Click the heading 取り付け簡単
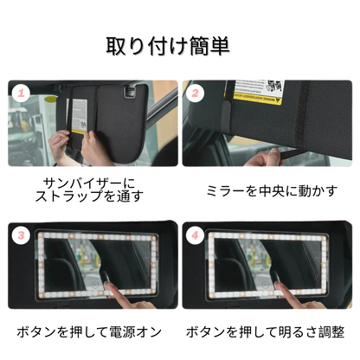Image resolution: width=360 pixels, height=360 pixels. point(168,46)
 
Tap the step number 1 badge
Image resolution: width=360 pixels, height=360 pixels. point(21,93)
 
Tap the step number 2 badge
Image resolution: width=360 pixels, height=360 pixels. point(196,93)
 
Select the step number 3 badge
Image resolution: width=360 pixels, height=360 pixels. point(21,235)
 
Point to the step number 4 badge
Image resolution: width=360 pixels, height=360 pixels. point(196,235)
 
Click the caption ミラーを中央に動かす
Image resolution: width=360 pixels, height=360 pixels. point(272,191)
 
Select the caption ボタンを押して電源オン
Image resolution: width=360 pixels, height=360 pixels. point(89,331)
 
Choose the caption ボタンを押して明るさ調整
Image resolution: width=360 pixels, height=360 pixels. point(266,331)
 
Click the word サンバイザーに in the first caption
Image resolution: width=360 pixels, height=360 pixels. point(89,183)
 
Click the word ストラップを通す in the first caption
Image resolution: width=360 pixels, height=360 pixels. point(89,196)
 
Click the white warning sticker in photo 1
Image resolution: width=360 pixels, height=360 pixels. point(80,115)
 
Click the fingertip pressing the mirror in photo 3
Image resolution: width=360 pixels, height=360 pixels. point(108,286)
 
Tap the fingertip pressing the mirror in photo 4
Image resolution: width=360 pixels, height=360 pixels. point(280,286)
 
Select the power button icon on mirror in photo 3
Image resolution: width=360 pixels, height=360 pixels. point(95,286)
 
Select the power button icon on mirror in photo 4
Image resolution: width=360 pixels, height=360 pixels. point(266,286)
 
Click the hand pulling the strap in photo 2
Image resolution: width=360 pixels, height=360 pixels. point(264,158)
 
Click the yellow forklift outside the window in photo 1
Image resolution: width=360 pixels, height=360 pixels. point(20,121)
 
